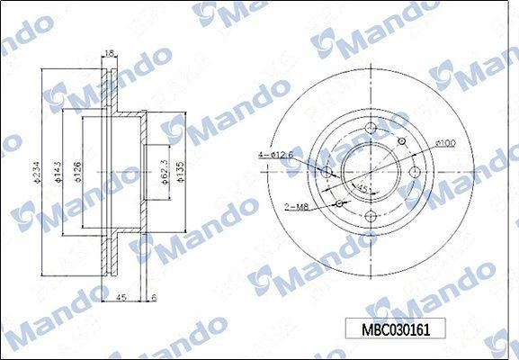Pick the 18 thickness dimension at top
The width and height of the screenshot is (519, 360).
[x=110, y=54]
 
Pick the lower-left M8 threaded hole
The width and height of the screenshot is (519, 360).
[x=339, y=204]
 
